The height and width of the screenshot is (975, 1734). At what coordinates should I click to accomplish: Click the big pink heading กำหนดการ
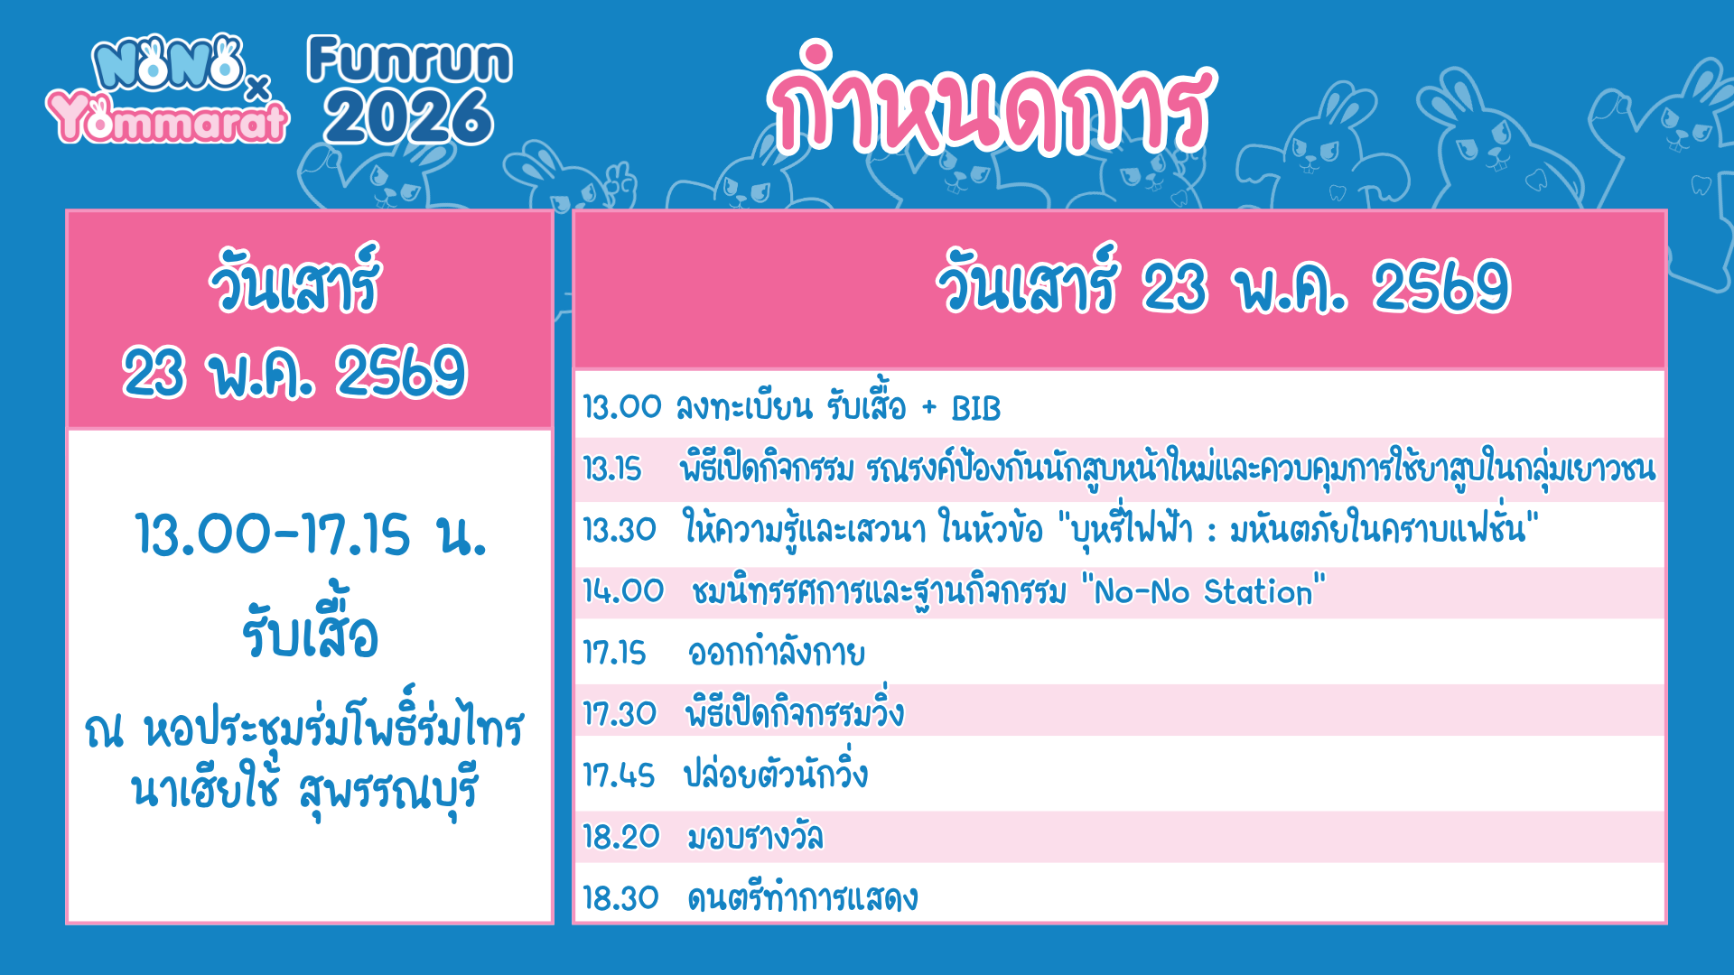point(991,99)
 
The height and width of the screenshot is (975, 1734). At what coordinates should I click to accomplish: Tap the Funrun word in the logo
point(410,60)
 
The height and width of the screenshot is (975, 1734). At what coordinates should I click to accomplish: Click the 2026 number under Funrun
point(409,116)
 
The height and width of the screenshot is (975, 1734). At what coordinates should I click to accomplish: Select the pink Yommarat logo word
point(168,118)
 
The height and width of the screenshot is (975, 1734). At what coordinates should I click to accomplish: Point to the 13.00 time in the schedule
point(622,407)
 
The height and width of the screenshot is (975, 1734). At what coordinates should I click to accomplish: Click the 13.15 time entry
point(612,469)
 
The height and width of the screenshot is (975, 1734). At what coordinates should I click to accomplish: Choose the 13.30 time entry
point(620,530)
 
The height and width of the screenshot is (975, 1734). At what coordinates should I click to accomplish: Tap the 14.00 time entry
point(623,591)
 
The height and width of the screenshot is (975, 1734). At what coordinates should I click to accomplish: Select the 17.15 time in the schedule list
point(614,653)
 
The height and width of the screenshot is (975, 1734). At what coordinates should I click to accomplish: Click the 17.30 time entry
point(620,714)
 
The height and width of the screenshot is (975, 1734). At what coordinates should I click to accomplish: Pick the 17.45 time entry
point(619,775)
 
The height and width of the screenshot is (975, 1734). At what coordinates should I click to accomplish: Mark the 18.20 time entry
point(621,837)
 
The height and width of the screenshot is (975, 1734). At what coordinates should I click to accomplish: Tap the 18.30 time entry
point(620,898)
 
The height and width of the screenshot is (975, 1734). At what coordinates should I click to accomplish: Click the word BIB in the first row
point(976,409)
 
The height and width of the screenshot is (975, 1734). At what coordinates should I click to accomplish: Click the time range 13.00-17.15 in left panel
point(273,534)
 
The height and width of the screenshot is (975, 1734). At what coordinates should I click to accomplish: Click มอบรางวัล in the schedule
point(755,837)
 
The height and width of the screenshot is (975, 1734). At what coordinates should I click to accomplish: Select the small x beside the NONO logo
point(258,88)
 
